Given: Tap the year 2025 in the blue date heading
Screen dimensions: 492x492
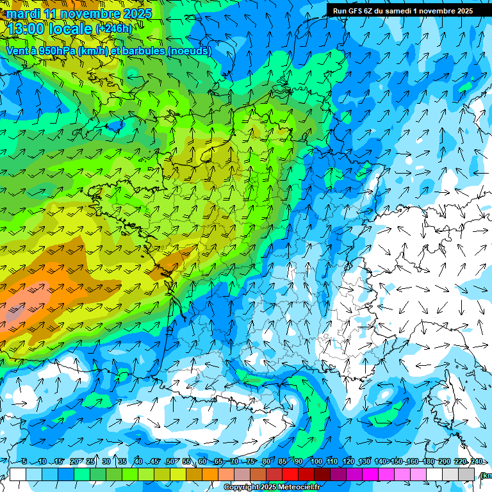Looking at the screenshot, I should click(x=135, y=13).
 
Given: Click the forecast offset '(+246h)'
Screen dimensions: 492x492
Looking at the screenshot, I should click(x=114, y=29).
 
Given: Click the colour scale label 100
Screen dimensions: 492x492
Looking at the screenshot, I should click(x=316, y=461).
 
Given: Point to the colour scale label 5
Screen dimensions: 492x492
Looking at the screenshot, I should click(x=24, y=461).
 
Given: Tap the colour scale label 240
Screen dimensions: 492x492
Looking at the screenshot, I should click(x=476, y=461).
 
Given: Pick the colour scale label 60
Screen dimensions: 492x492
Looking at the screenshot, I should click(x=202, y=461).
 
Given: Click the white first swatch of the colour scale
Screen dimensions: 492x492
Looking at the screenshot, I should click(x=17, y=474).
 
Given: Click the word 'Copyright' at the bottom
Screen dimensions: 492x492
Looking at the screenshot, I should click(x=241, y=488).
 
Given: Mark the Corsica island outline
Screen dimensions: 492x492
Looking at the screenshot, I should click(x=456, y=400).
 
